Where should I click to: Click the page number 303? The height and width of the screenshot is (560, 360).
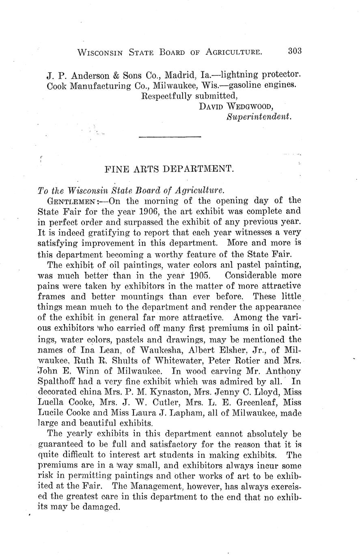[x=295, y=51]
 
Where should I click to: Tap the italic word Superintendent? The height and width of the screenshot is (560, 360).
[x=259, y=117]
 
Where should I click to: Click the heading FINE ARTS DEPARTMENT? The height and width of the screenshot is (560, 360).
[x=169, y=168]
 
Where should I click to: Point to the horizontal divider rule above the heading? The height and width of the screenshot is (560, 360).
[x=170, y=137]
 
